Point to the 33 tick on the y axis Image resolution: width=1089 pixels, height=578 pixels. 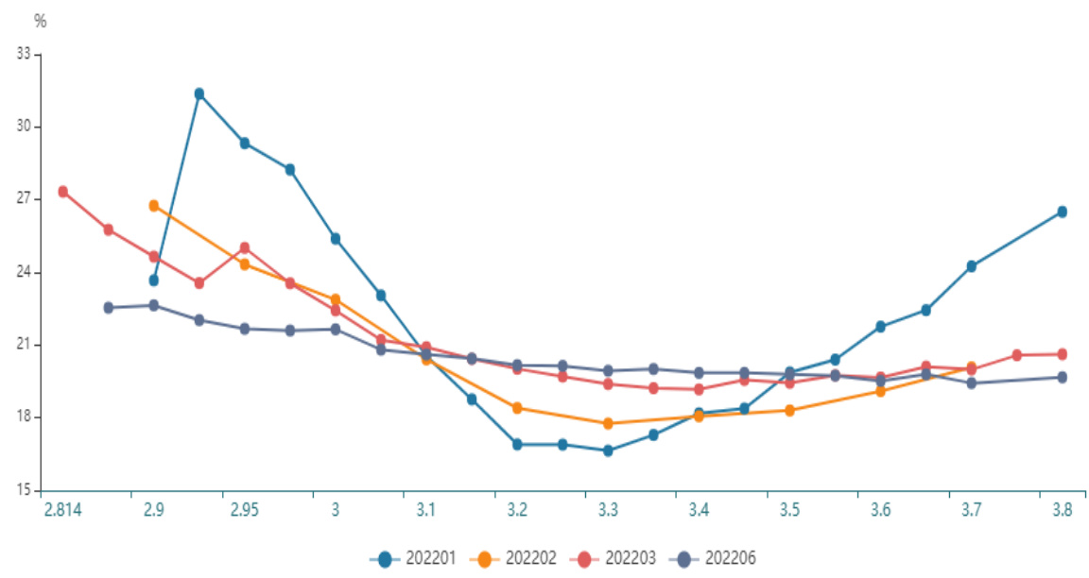click(24, 55)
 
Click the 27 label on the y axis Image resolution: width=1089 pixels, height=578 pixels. click(24, 199)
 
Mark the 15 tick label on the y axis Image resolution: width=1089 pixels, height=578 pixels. click(24, 490)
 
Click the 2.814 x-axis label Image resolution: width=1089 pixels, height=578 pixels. click(61, 510)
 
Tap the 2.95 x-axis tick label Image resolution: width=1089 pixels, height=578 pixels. click(244, 510)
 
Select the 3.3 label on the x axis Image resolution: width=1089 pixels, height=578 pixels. click(608, 510)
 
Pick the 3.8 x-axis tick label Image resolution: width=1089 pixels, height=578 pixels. click(1062, 510)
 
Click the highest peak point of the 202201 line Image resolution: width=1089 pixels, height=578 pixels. click(199, 93)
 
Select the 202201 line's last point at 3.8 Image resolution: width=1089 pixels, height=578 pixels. click(1062, 212)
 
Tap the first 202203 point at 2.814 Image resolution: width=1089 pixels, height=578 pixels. click(63, 192)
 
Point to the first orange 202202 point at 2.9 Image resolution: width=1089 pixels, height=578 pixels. click(154, 205)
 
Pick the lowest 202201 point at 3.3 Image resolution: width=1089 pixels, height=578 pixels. click(608, 450)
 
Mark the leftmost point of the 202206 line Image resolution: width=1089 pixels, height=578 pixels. click(109, 307)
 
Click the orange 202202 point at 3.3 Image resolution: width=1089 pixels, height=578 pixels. click(608, 423)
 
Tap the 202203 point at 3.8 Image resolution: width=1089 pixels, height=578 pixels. click(1062, 354)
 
